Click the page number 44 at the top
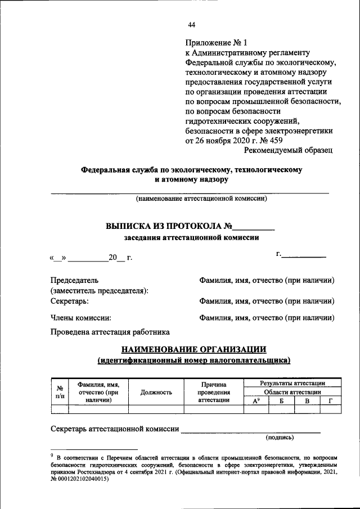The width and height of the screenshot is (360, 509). [192, 25]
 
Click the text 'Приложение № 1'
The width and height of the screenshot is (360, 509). [216, 43]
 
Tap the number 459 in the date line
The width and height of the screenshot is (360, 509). [273, 140]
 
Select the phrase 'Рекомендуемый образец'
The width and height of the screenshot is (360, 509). [288, 150]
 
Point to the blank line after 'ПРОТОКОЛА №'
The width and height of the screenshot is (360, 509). [254, 227]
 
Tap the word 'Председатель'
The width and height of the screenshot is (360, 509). [74, 280]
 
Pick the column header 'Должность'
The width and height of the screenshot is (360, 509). [156, 392]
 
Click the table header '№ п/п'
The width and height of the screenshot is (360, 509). [60, 392]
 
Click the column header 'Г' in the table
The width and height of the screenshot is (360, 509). [331, 401]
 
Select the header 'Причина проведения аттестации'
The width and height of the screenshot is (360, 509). [214, 392]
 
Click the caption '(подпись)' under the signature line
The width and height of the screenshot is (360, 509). [280, 437]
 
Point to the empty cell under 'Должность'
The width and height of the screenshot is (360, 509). [156, 409]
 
